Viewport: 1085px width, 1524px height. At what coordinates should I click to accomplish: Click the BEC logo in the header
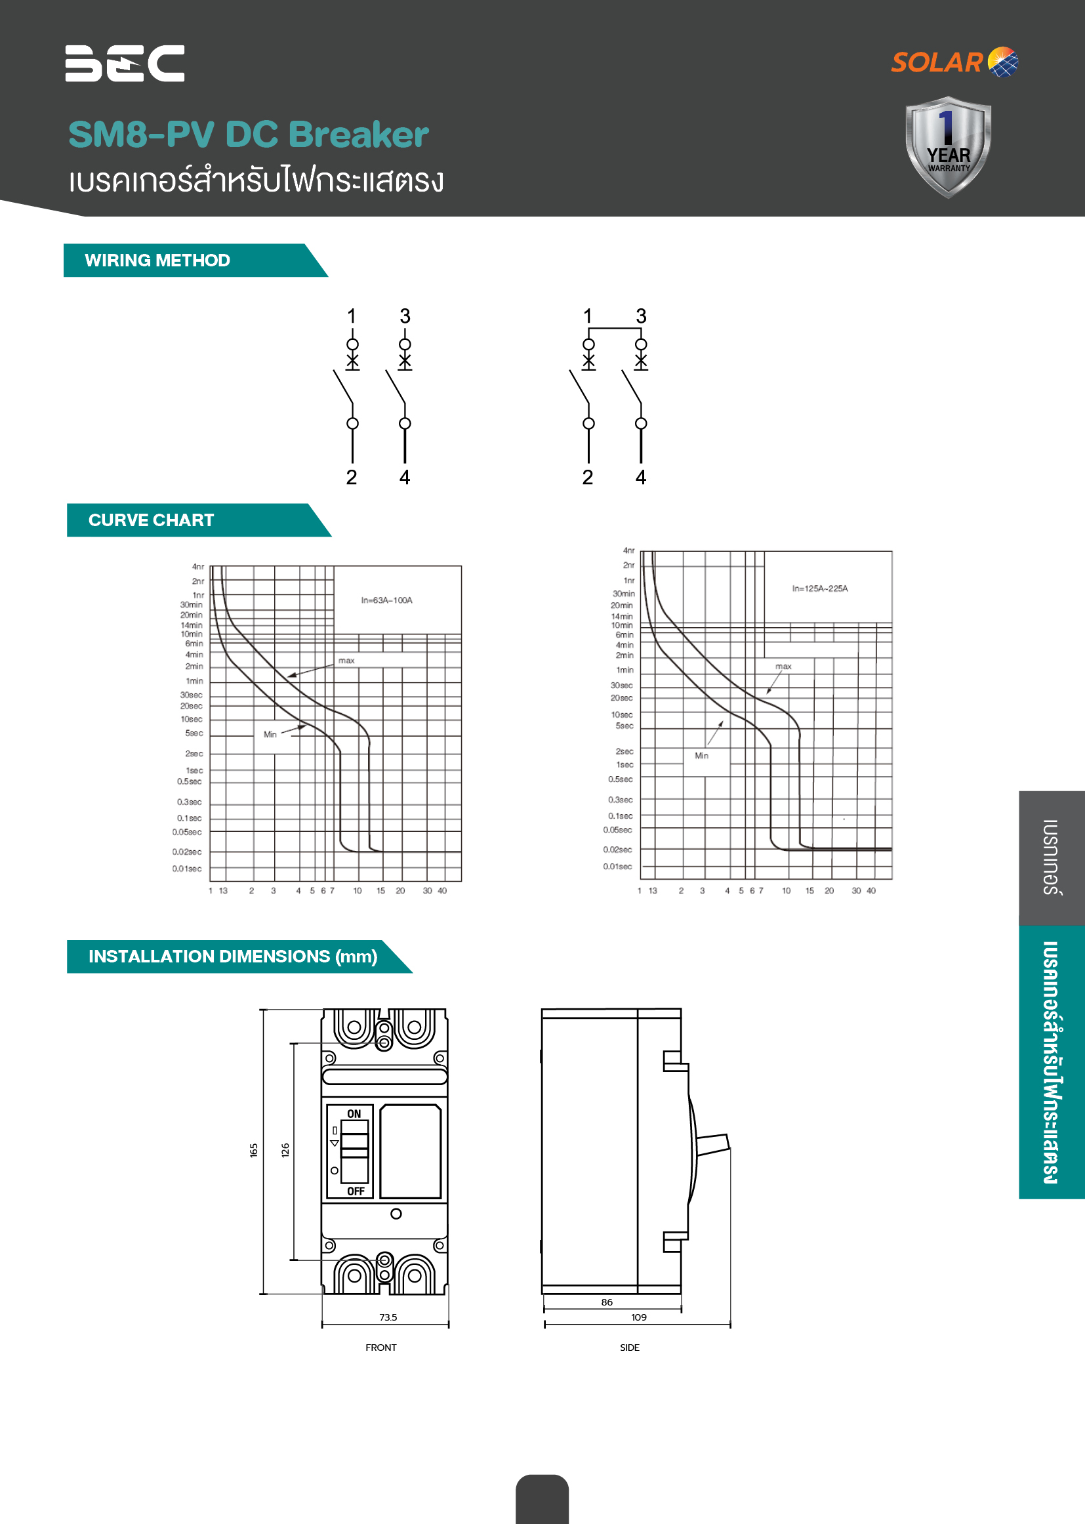[x=125, y=64]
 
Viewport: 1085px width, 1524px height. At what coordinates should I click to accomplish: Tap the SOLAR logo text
[x=937, y=62]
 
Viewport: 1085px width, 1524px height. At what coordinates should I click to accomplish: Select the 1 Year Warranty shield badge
[x=948, y=147]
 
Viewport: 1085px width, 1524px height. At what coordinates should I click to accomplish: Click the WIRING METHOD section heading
[x=157, y=260]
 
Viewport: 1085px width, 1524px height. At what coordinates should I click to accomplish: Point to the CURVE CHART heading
[x=151, y=520]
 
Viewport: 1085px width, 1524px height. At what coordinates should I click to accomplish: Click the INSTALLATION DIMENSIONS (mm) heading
[x=233, y=956]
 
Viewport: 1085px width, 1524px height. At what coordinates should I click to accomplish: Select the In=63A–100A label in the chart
[x=387, y=600]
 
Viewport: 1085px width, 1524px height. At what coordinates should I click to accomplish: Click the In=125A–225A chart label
[x=820, y=588]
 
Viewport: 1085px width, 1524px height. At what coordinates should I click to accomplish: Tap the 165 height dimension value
[x=254, y=1150]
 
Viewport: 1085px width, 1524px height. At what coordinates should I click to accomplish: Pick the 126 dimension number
[x=285, y=1150]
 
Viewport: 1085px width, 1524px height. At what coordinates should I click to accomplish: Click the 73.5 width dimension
[x=388, y=1317]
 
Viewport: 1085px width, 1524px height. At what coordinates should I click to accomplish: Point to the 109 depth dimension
[x=639, y=1317]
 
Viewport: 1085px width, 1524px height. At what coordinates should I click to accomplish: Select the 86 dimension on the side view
[x=607, y=1302]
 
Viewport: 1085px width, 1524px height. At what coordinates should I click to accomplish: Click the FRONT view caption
[x=381, y=1347]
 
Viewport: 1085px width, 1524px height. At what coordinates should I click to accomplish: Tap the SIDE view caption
[x=629, y=1347]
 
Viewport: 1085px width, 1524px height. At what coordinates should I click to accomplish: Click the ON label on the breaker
[x=354, y=1114]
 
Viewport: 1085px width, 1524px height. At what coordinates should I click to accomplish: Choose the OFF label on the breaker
[x=356, y=1191]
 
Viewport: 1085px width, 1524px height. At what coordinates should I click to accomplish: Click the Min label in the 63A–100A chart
[x=270, y=734]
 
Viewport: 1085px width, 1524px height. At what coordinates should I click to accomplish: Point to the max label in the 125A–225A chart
[x=784, y=666]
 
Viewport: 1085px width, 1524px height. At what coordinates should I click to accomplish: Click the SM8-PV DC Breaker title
[x=249, y=134]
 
